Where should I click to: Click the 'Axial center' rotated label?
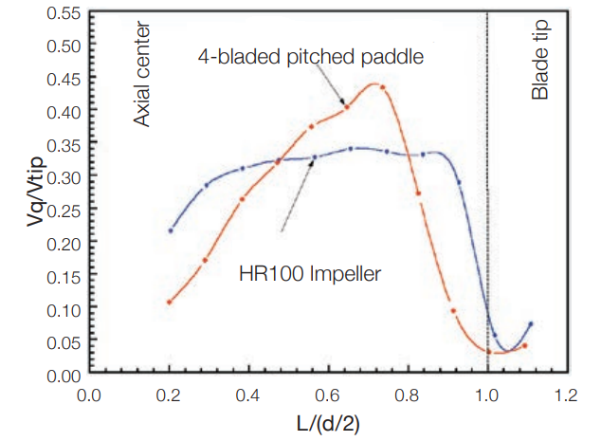142,77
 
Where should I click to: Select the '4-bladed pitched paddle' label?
310,57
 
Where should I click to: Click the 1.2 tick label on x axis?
568,394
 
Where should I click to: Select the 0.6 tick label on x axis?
328,394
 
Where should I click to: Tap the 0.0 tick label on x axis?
89,394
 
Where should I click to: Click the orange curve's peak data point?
382,87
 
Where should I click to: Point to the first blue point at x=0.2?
170,230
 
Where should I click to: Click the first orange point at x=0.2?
170,303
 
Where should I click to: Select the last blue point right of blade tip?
531,324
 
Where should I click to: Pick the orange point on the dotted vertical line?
488,352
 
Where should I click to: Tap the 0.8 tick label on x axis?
408,394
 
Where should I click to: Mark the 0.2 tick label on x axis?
169,394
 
